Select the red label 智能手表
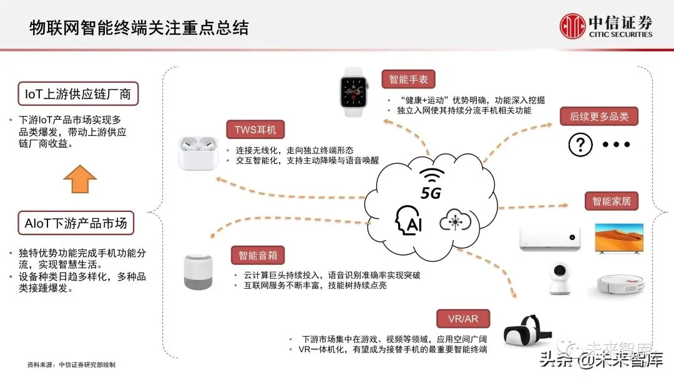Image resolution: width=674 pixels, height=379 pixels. click(x=408, y=79)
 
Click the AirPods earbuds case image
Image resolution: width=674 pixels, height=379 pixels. click(x=195, y=153)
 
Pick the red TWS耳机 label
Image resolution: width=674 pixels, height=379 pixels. click(x=255, y=130)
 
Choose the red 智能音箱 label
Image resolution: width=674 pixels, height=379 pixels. click(x=258, y=255)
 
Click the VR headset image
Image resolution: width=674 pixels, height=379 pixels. click(x=522, y=331)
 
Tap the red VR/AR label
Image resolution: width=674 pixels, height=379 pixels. click(x=462, y=319)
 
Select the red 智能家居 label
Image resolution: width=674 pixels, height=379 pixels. click(x=611, y=201)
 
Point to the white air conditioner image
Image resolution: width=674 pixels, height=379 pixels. click(x=550, y=239)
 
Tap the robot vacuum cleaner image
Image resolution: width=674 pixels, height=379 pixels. click(x=619, y=284)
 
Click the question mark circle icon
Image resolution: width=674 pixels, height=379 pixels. click(x=580, y=145)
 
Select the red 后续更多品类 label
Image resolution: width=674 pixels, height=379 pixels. click(x=599, y=117)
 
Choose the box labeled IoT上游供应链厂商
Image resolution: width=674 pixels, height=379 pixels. click(x=78, y=95)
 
